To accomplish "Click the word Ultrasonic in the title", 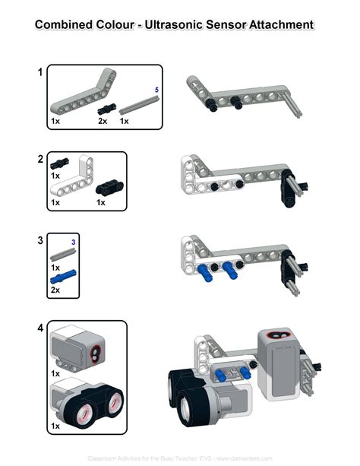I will click(179, 25).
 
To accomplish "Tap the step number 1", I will click(39, 73).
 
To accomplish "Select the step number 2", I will click(39, 160).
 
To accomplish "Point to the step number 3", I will click(39, 240).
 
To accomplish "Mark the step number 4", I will click(39, 329).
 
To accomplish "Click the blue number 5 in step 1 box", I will click(156, 90).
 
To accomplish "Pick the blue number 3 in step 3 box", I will click(73, 242).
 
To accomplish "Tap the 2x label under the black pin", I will click(103, 121).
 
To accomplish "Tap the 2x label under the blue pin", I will click(55, 290).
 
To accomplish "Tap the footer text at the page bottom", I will click(179, 459).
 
